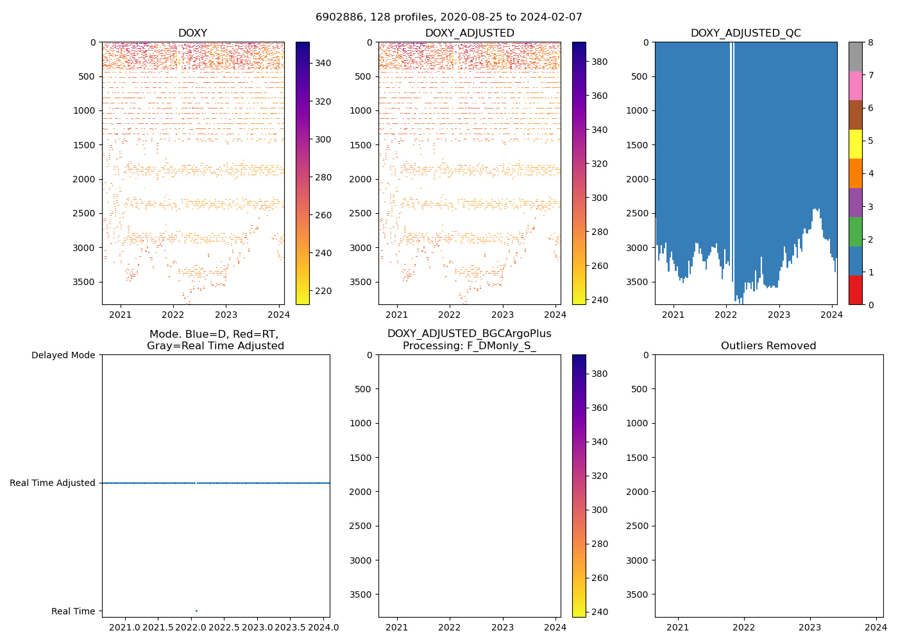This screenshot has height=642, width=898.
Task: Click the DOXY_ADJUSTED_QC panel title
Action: pos(745,33)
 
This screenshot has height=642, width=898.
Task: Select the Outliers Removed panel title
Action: pos(768,346)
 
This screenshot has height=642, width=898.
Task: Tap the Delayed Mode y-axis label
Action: pos(63,355)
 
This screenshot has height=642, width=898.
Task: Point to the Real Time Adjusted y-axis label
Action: pos(53,483)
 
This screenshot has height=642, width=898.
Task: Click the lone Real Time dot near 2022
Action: pos(196,611)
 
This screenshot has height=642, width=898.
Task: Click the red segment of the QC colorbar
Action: pos(855,290)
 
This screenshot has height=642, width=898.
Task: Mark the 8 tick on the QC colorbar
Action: pos(870,42)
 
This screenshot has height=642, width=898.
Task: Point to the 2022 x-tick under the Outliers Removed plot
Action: pos(744,627)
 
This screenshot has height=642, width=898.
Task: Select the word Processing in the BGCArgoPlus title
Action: pos(428,346)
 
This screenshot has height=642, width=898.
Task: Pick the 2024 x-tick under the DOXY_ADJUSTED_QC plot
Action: pos(831,315)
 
